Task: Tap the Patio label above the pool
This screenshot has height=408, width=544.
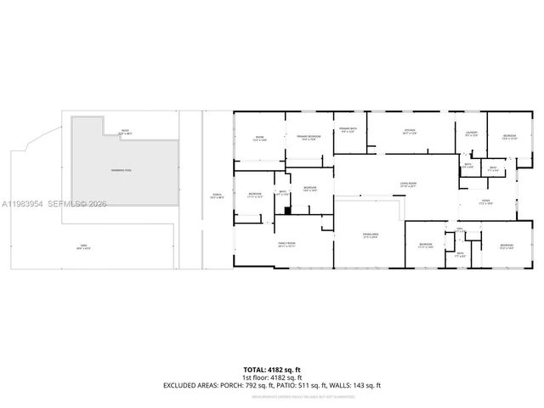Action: pos(125,132)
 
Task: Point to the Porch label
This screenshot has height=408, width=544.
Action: pos(216,196)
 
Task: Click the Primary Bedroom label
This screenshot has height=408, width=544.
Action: pos(308,138)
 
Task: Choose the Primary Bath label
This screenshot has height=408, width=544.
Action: pos(348,130)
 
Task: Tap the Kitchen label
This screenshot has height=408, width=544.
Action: pos(410,131)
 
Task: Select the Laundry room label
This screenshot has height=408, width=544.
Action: pos(471,134)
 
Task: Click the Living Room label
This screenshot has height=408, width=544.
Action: pos(409,184)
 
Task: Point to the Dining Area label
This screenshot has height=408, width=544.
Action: pos(371,235)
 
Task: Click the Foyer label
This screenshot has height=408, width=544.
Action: pos(486,203)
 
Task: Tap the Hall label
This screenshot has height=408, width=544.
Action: pos(460,229)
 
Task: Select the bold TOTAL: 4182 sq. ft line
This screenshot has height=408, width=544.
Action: pos(272,370)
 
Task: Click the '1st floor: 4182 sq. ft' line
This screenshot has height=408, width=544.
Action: pos(272,377)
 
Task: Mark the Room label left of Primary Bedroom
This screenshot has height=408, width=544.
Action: pos(260,139)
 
